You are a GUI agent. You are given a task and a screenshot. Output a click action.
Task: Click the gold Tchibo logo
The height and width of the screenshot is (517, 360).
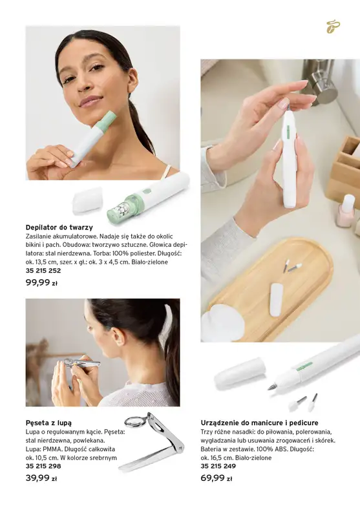pyautogui.click(x=333, y=26)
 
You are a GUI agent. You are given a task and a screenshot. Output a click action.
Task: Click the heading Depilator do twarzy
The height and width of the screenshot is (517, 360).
pyautogui.click(x=59, y=227)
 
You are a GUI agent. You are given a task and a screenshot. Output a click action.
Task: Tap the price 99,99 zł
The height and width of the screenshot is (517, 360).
pyautogui.click(x=41, y=282)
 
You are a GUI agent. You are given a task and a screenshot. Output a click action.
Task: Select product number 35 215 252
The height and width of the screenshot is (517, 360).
pyautogui.click(x=43, y=271)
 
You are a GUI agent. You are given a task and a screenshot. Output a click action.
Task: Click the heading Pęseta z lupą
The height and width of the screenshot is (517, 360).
pyautogui.click(x=48, y=423)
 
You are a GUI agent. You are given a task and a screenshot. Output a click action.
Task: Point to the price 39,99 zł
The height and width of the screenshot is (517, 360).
pyautogui.click(x=41, y=478)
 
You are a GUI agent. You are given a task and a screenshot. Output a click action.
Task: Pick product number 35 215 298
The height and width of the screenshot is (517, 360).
pyautogui.click(x=43, y=466)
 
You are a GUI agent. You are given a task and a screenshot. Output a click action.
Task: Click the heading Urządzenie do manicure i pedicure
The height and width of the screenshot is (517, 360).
pyautogui.click(x=259, y=423)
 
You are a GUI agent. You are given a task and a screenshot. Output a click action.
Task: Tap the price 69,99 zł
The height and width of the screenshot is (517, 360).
pyautogui.click(x=217, y=478)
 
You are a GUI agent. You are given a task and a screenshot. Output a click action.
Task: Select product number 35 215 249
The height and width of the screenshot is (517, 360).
pyautogui.click(x=218, y=466)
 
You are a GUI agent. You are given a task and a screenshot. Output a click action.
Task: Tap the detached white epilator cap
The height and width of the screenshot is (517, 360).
pyautogui.click(x=87, y=199)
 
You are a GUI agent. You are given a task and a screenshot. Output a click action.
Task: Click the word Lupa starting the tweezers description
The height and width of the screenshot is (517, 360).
pyautogui.click(x=32, y=432)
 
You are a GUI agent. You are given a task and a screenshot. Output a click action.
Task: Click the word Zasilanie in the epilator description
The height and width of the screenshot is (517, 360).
pyautogui.click(x=38, y=237)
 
